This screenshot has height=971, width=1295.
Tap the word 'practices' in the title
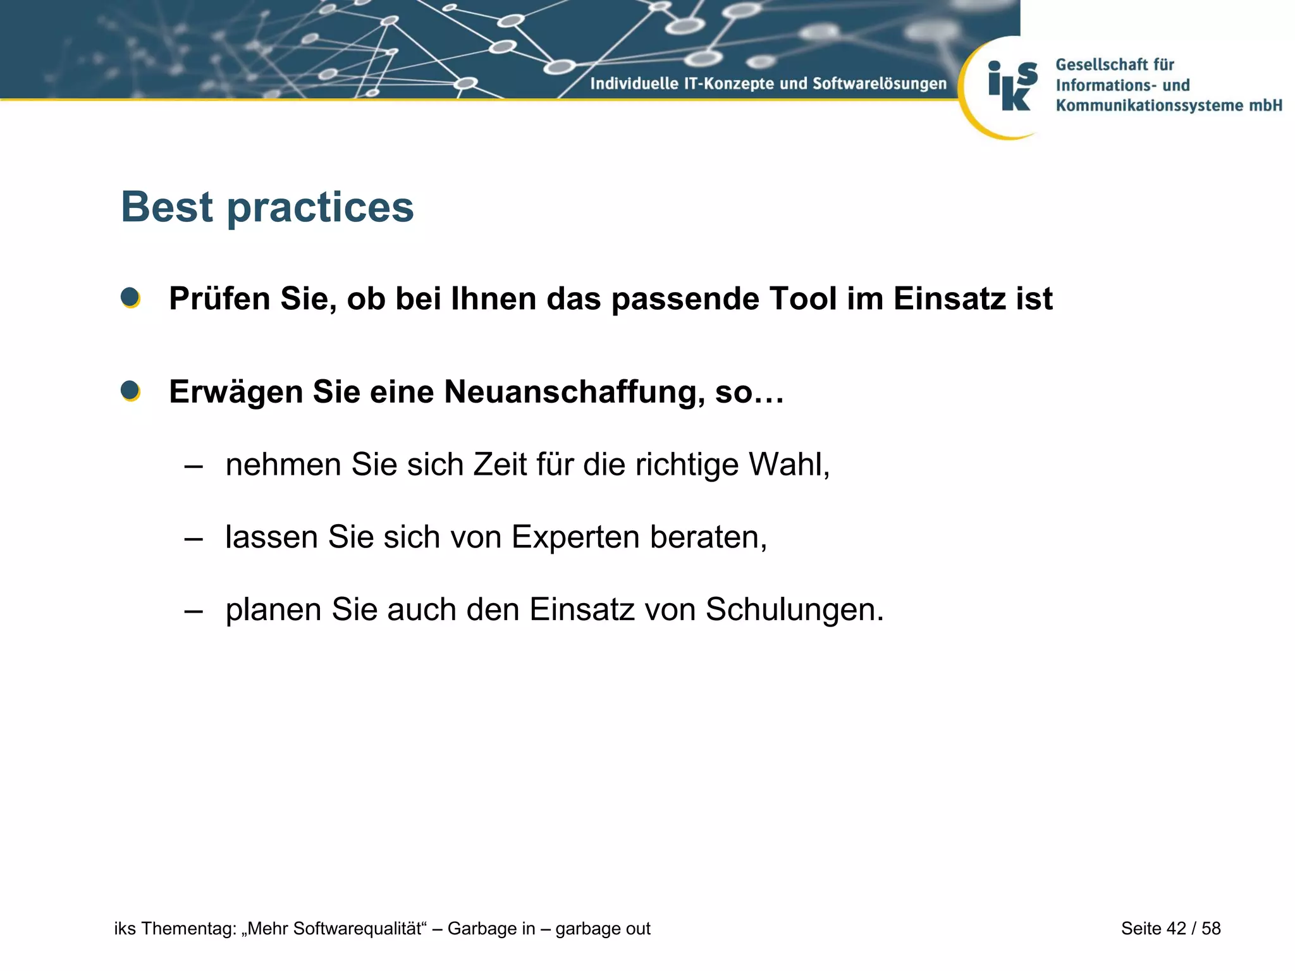pyautogui.click(x=320, y=208)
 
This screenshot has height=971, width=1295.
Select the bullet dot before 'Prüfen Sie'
pyautogui.click(x=130, y=297)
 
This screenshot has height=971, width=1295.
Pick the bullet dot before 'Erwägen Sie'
pyautogui.click(x=130, y=391)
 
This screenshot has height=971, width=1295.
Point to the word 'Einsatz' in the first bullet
pyautogui.click(x=949, y=298)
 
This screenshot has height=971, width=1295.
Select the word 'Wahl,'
pyautogui.click(x=789, y=465)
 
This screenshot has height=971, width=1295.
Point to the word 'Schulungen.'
pyautogui.click(x=794, y=610)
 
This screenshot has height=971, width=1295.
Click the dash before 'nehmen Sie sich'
pyautogui.click(x=193, y=467)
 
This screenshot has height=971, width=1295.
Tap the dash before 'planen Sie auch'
pyautogui.click(x=193, y=611)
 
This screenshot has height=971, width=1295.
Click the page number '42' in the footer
pyautogui.click(x=1176, y=929)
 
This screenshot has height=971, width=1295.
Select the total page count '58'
pyautogui.click(x=1211, y=929)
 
